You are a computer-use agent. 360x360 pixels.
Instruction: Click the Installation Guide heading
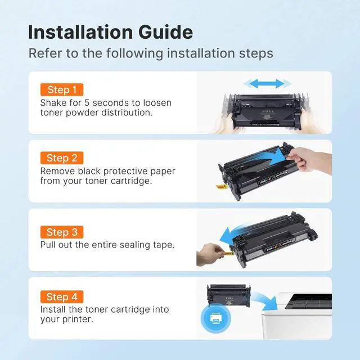[x=110, y=31]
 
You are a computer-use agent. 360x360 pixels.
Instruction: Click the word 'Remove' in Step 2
[x=57, y=171]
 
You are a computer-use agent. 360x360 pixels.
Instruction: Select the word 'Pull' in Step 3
[x=48, y=245]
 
